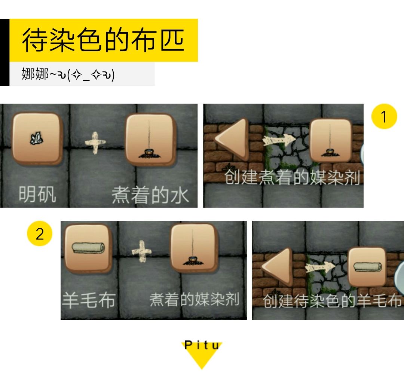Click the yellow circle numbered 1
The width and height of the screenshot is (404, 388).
tap(384, 117)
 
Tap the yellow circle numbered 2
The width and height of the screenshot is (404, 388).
tap(39, 234)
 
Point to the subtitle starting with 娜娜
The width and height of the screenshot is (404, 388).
tap(68, 74)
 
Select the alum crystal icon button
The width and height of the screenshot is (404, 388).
tap(37, 139)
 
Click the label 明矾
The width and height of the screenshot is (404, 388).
tap(37, 195)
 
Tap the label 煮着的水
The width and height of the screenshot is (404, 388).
tap(150, 196)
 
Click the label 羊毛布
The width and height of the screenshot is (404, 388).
tap(88, 300)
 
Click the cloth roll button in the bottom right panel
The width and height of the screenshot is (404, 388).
tap(367, 266)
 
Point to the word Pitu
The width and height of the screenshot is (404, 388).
tap(202, 345)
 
